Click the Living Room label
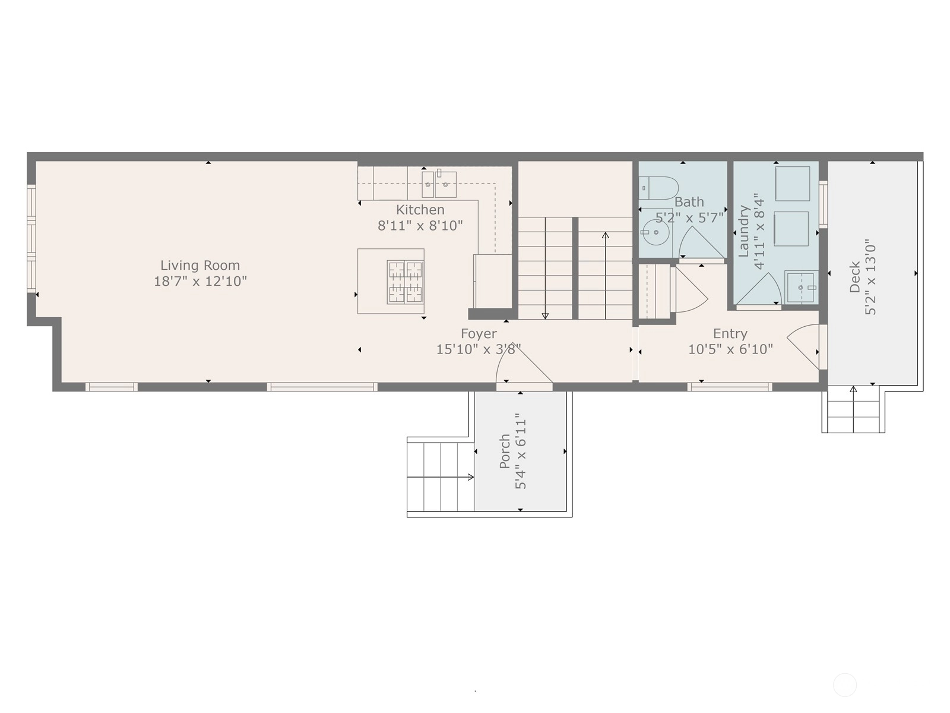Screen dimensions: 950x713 [200, 265]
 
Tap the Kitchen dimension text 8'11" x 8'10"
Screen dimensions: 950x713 [420, 226]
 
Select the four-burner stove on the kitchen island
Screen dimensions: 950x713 [405, 282]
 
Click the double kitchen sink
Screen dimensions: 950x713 [439, 184]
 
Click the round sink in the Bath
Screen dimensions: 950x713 [656, 232]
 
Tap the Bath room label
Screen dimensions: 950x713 [689, 202]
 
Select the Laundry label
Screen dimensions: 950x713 [743, 231]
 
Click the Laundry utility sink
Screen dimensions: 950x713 [802, 287]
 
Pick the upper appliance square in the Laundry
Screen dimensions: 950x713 [793, 184]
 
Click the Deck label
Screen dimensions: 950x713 [854, 277]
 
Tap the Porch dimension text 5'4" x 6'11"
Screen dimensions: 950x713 [521, 451]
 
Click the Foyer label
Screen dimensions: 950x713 [479, 333]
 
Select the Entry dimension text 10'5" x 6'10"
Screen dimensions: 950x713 [730, 349]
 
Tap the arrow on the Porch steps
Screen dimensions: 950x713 [441, 477]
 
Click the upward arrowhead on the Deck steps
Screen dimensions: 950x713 [853, 389]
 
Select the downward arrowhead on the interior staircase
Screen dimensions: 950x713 [545, 316]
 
